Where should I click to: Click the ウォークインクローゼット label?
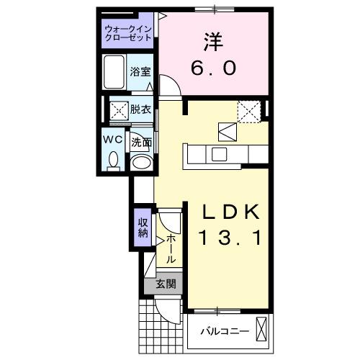pyautogui.click(x=127, y=32)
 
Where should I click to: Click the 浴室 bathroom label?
pyautogui.click(x=141, y=72)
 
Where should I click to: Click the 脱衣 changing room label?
pyautogui.click(x=141, y=110)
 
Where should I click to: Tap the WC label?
pyautogui.click(x=113, y=139)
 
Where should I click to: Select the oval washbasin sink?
pyautogui.click(x=143, y=162)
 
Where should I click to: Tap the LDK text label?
pyautogui.click(x=229, y=212)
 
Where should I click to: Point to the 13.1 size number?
pyautogui.click(x=229, y=237)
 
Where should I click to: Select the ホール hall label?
pyautogui.click(x=171, y=248)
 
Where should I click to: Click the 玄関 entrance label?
pyautogui.click(x=166, y=284)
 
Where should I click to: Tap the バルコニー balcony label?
pyautogui.click(x=223, y=332)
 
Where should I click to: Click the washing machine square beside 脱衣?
pyautogui.click(x=118, y=110)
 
